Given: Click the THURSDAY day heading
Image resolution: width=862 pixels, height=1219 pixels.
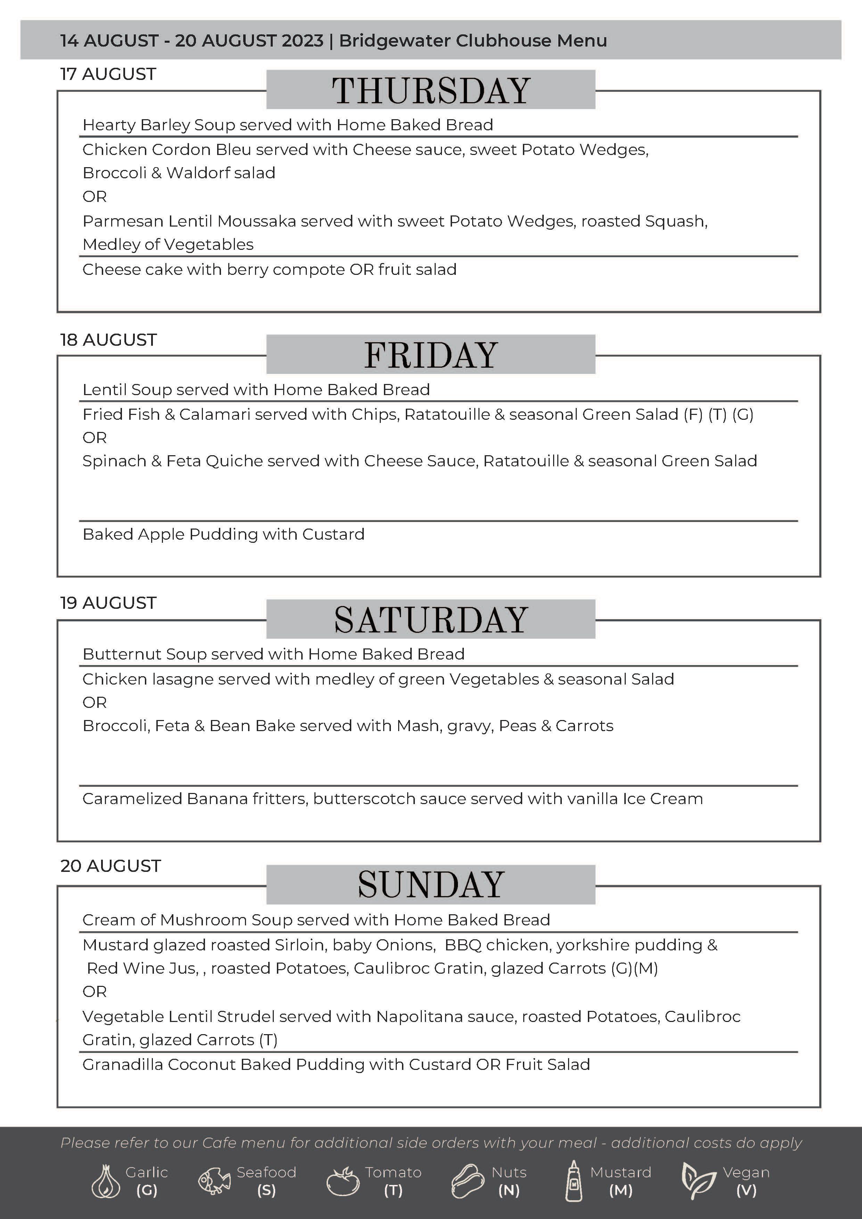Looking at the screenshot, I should coord(430,90).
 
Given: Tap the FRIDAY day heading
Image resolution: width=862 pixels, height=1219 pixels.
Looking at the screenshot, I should coord(430,355).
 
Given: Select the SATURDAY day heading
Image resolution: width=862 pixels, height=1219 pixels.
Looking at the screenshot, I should coord(430,620).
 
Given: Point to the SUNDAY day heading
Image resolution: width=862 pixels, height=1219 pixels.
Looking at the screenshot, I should coord(430,884).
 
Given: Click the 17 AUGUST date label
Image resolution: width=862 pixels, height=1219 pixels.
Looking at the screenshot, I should coord(108,74).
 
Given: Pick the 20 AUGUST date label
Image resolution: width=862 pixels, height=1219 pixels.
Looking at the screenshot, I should coord(110,866).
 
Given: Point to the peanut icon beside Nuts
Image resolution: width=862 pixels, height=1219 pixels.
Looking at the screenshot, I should coord(468,1181).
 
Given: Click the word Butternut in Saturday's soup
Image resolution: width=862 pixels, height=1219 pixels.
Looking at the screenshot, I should coord(122,654).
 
